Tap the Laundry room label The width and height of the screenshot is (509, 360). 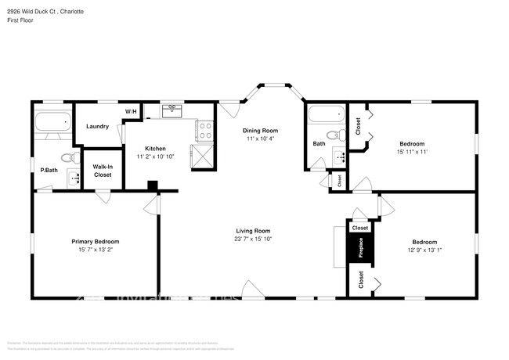[x=97, y=126]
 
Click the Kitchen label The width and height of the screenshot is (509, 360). [x=155, y=148]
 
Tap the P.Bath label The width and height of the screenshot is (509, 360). [x=49, y=170]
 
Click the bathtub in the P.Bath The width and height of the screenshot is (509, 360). [x=52, y=122]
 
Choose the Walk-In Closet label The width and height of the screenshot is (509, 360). [x=103, y=171]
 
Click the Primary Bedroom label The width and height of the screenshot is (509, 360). [x=95, y=242]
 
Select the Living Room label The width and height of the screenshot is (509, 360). [x=253, y=231]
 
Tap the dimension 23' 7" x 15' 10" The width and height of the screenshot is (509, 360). [x=253, y=239]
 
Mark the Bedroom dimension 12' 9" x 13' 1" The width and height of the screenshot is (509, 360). [x=424, y=250]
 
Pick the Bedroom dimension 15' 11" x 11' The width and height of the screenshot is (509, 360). [x=412, y=153]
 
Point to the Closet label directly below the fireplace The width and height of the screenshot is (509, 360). [x=360, y=280]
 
